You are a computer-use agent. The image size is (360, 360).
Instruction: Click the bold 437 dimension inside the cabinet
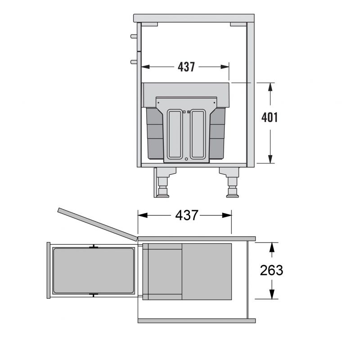[186, 67]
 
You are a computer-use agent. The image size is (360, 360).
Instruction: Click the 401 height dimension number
[270, 117]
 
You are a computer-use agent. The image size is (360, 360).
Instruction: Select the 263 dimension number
[271, 270]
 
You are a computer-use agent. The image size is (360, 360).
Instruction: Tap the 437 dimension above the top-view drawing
[186, 216]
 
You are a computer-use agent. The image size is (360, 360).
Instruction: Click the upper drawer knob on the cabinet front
[134, 36]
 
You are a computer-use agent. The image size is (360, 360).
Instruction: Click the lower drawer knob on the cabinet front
[134, 62]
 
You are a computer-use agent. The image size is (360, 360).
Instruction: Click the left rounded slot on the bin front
[175, 134]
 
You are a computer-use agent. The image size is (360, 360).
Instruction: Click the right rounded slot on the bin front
[198, 134]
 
